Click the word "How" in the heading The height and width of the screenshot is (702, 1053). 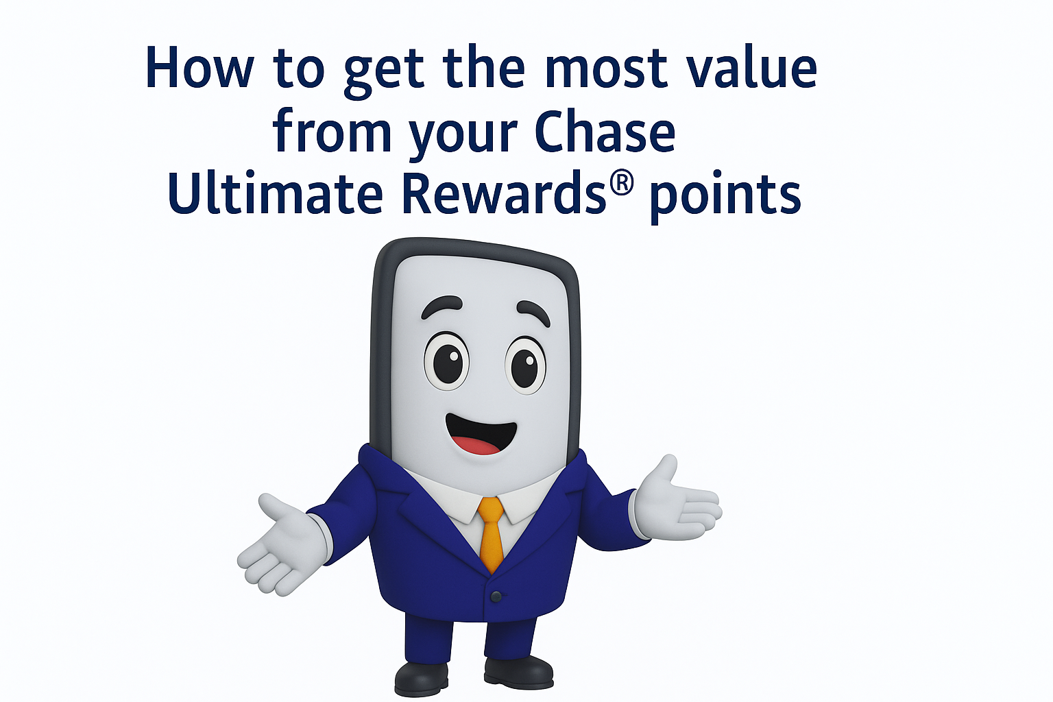click(x=199, y=69)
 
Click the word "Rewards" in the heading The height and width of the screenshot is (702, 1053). click(x=504, y=193)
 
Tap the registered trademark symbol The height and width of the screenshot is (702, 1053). click(x=621, y=184)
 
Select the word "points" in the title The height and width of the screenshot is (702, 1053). click(x=725, y=196)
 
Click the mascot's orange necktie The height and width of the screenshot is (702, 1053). click(x=491, y=531)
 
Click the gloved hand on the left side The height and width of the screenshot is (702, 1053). click(x=280, y=545)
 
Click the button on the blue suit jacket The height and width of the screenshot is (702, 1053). click(x=496, y=597)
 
